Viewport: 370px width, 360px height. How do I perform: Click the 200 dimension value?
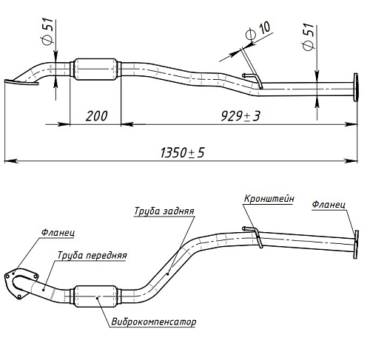[x=96, y=116]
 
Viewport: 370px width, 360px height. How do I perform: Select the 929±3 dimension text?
[x=240, y=116]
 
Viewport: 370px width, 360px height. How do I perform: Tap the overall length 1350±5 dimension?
[x=182, y=152]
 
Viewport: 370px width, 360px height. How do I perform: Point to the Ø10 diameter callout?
[x=258, y=31]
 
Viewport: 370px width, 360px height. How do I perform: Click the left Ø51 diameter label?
[x=48, y=31]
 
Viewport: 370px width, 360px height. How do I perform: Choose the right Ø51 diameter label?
[x=308, y=37]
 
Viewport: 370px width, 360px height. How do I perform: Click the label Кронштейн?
[x=269, y=199]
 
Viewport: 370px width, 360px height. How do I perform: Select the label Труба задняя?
[x=164, y=211]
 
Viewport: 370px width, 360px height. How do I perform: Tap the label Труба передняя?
[x=92, y=255]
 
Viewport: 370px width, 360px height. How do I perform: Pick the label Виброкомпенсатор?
[x=154, y=322]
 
